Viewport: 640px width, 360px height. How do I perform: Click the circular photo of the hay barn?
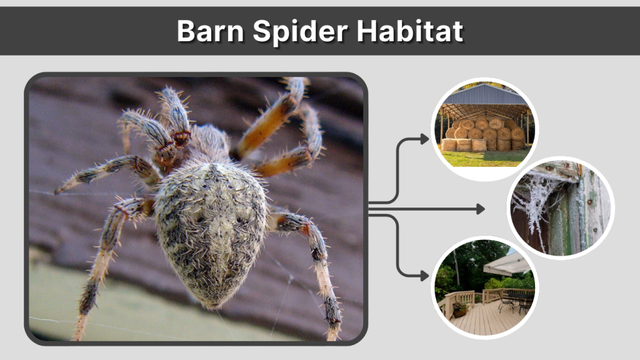coord(485,129)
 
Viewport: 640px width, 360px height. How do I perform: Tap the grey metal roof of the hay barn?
coord(484,96)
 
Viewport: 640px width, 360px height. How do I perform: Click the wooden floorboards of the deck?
coord(481,319)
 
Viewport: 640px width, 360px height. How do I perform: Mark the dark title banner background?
coord(94,31)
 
